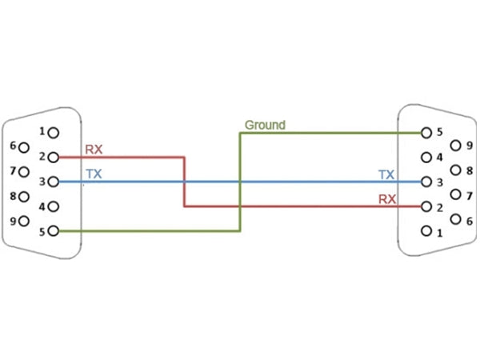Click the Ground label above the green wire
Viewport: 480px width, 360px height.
(265, 125)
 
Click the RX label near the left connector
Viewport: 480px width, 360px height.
(94, 149)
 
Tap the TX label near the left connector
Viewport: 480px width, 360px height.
(94, 173)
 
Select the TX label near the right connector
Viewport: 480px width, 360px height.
(386, 174)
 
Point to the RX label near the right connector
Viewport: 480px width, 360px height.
(386, 198)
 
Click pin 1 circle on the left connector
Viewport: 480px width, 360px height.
(54, 131)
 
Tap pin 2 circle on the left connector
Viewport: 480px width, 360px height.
(54, 157)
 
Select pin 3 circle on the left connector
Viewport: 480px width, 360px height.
(54, 182)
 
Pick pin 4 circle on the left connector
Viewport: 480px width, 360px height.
(54, 206)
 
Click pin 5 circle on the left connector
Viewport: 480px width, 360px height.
(54, 231)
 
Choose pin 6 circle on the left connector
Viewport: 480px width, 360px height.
(24, 146)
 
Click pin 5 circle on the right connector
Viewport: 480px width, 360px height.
(426, 132)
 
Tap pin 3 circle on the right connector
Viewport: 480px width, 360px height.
(426, 182)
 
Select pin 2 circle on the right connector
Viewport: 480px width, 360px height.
(426, 207)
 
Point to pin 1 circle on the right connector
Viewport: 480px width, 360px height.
(426, 233)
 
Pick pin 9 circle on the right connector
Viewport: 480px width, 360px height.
(455, 146)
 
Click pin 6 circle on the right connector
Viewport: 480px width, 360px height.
(455, 219)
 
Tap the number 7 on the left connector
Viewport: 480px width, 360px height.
(13, 171)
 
